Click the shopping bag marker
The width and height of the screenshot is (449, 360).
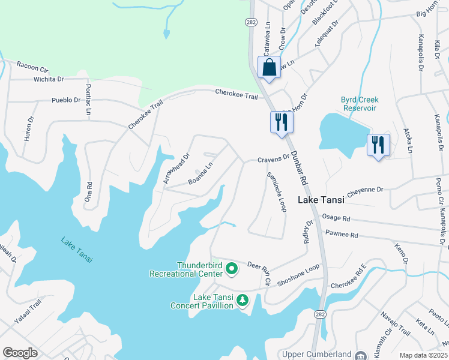click(270, 68)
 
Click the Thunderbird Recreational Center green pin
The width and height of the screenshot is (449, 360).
click(232, 270)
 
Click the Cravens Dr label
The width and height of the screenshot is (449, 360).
click(274, 160)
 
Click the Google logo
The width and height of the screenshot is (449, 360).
click(20, 353)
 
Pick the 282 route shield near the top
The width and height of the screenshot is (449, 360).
click(251, 22)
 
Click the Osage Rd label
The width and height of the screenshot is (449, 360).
click(336, 219)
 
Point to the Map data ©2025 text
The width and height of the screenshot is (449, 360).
click(423, 355)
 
